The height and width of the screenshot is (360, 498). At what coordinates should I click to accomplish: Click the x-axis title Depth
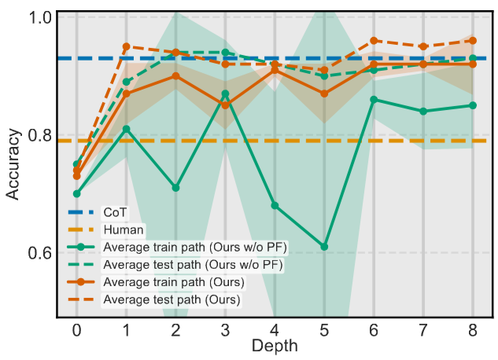[x=275, y=346]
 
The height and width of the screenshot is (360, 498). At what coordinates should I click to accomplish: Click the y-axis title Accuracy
[x=13, y=167]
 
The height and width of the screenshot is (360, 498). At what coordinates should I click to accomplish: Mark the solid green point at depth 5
[x=324, y=247]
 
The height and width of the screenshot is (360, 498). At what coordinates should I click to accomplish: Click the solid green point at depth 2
[x=175, y=188]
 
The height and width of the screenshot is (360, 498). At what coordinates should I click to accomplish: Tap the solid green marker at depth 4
[x=275, y=205]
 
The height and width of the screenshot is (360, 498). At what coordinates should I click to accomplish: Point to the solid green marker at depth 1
[x=126, y=129]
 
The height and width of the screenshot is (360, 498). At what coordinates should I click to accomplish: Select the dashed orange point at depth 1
[x=126, y=46]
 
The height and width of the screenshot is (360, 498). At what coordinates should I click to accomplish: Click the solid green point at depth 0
[x=76, y=193]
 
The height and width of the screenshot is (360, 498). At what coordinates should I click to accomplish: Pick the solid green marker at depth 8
[x=473, y=105]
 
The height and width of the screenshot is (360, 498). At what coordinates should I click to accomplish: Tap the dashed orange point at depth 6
[x=374, y=40]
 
